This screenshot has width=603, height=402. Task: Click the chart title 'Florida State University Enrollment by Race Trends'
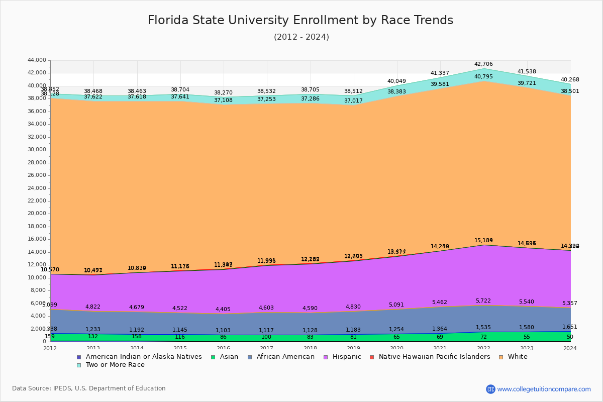coord(300,21)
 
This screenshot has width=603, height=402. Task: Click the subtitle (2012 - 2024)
coord(301,37)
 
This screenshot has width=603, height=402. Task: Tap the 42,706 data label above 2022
coord(483,64)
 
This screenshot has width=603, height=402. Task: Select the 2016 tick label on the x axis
coord(223,348)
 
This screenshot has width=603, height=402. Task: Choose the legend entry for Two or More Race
coord(115,365)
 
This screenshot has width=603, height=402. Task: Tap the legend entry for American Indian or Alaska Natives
coord(143,357)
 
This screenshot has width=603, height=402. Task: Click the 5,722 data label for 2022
coord(483,300)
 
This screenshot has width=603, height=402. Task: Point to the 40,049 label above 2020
coord(396,81)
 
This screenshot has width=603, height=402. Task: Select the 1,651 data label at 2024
coord(570,327)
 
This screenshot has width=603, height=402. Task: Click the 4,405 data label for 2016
coord(223,310)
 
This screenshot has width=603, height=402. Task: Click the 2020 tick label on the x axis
coord(396,348)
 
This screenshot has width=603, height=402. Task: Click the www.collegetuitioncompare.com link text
coord(544,389)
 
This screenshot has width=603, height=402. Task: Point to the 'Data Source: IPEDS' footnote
coord(89,388)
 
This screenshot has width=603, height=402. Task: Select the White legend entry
coord(517,357)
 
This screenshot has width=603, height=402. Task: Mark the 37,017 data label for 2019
coord(353,101)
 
